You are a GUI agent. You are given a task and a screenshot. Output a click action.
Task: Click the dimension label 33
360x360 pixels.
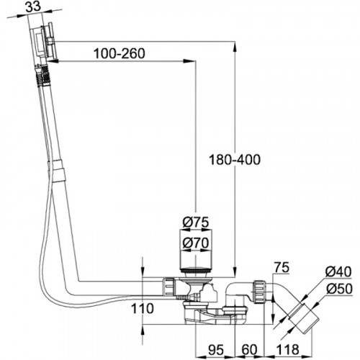coord(33,7)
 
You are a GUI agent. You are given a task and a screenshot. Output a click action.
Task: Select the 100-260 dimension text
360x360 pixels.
coord(120,53)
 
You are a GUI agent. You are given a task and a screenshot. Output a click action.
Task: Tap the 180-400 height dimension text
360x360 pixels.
coord(235,160)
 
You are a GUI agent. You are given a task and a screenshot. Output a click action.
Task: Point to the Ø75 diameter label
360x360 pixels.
coord(196,222)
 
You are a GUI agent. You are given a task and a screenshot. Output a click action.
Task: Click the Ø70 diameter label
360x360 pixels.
coord(196,243)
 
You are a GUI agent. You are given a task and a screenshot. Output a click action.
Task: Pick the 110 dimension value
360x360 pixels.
coord(142,308)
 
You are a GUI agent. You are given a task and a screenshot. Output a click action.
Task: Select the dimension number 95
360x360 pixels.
coord(216,350)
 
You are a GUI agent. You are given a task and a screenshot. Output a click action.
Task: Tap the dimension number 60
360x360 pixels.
coord(249,350)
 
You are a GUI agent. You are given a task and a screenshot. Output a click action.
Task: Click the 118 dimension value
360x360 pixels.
coord(287,350)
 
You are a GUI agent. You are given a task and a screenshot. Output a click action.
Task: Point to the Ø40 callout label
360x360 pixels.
coord(338,272)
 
